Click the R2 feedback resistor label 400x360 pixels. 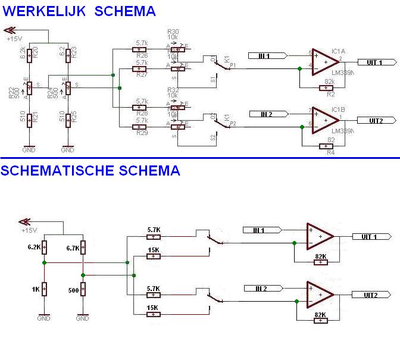tap(330, 95)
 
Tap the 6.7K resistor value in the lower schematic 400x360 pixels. tap(72, 248)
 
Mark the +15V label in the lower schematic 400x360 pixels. tap(29, 230)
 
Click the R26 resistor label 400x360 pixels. tap(142, 55)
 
